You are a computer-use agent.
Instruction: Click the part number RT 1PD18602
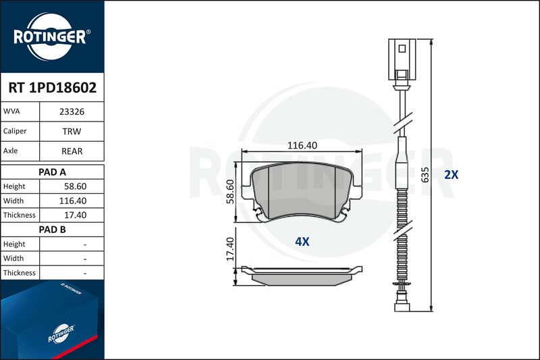[53, 88]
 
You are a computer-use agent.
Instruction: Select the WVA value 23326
[72, 111]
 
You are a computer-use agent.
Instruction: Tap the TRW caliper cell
[72, 131]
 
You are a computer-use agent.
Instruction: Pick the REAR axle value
[72, 151]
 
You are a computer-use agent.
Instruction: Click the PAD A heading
[53, 172]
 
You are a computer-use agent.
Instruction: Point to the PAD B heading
[53, 230]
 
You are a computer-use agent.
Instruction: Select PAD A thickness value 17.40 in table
[75, 215]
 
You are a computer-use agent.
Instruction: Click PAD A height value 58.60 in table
[75, 186]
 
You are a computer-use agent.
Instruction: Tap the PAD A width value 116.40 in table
[73, 201]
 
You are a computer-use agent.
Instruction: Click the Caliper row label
[15, 131]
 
